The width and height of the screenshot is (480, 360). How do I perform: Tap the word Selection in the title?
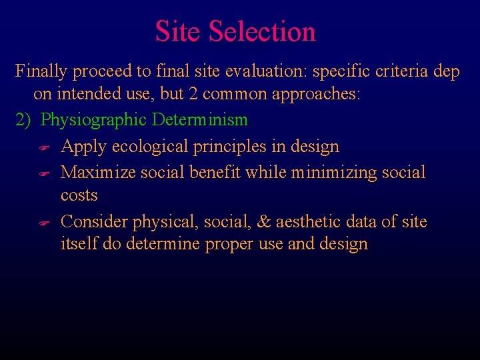pyautogui.click(x=262, y=31)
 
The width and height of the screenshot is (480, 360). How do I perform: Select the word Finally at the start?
pyautogui.click(x=41, y=71)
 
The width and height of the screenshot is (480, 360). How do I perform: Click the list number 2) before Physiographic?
pyautogui.click(x=23, y=121)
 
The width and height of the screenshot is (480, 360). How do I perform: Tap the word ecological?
pyautogui.click(x=153, y=147)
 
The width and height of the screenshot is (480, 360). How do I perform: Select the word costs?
pyautogui.click(x=79, y=196)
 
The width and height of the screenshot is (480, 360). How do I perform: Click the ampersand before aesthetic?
pyautogui.click(x=264, y=221)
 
